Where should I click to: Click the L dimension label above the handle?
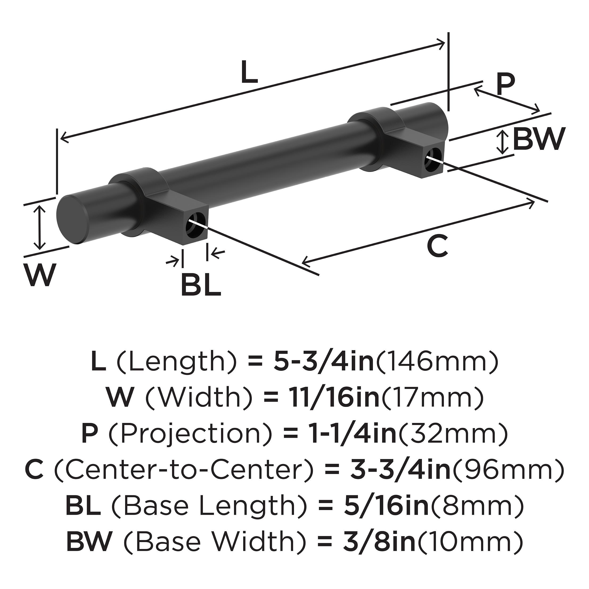[x=249, y=72]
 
